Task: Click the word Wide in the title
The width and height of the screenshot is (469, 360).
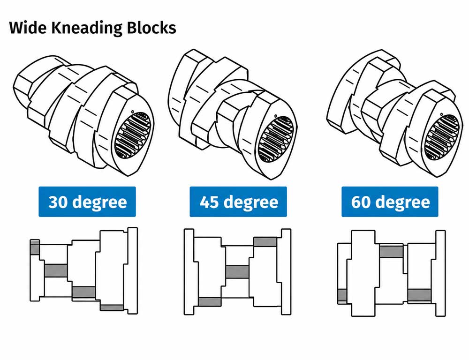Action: coord(28,28)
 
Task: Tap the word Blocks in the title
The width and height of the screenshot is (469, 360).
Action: coord(151,28)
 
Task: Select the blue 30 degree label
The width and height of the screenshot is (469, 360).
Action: coord(87,202)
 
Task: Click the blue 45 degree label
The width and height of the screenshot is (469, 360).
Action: coord(238,202)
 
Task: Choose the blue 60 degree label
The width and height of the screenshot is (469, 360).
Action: coord(390,202)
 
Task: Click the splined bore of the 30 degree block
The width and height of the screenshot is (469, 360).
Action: coord(133,135)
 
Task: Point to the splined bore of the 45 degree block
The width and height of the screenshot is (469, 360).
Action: coord(277,139)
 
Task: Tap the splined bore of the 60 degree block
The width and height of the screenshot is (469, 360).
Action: coord(442,137)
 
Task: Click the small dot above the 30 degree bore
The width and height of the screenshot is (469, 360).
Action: coord(132,112)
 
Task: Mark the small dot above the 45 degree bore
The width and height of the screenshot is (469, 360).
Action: coord(275,116)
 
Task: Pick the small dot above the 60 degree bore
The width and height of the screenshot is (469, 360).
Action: coord(441,113)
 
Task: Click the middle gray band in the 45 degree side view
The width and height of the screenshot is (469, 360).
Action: coord(237,272)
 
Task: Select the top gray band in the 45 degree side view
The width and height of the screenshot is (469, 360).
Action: coord(265,241)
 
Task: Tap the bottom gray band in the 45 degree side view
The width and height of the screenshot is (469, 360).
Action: coord(210,301)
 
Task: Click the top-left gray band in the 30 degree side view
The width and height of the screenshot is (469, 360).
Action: coord(35,247)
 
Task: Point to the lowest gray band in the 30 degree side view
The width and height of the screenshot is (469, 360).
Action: coord(112,307)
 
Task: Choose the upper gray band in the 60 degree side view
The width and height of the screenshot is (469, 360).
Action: coord(392,251)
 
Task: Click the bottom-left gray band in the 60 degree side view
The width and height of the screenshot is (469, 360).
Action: coord(342,296)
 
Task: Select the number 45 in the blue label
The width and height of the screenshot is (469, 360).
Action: coord(209,202)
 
